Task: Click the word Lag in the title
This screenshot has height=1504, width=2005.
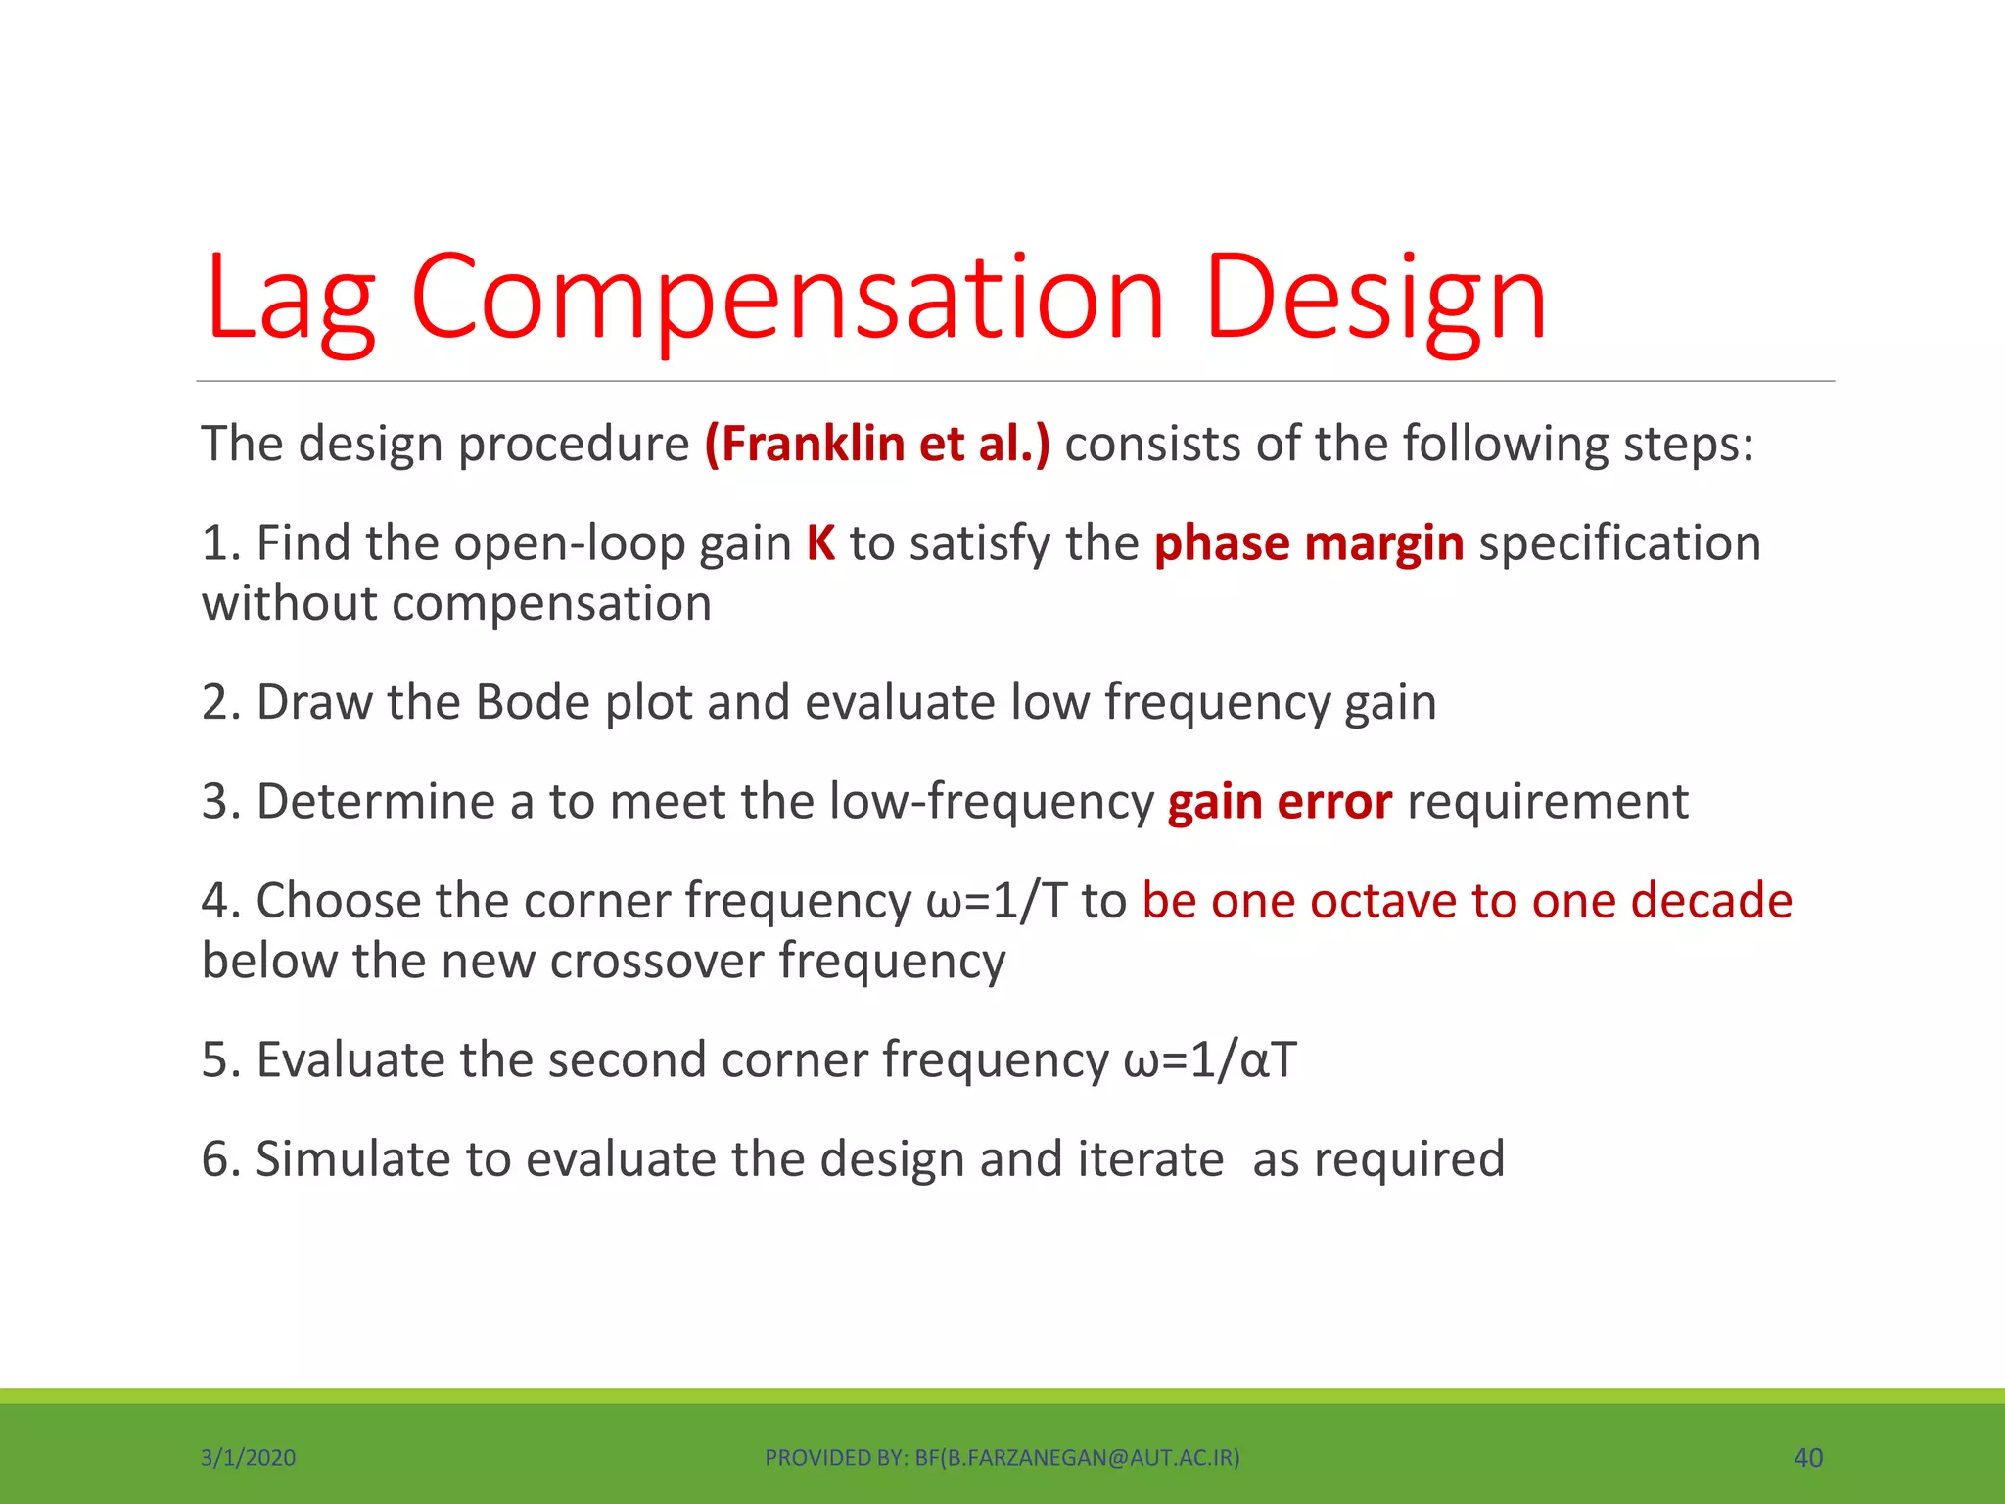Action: (290, 299)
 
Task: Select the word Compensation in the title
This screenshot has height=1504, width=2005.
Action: (787, 299)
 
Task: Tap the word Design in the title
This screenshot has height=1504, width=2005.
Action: (1375, 299)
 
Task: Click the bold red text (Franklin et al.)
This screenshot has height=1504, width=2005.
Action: (876, 444)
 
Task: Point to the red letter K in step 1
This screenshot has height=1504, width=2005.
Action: (820, 543)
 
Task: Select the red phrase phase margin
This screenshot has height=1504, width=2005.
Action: (1308, 543)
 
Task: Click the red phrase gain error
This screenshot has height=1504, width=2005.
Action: (1279, 802)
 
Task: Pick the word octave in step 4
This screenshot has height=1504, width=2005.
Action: (1383, 901)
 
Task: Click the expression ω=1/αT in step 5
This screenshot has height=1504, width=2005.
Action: (1210, 1060)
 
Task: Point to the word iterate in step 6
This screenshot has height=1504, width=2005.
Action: (1150, 1159)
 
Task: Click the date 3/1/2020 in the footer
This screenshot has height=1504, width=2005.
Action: (248, 1458)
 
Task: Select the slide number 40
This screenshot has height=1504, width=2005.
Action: (1807, 1458)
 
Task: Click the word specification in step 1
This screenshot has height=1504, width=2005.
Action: (1619, 543)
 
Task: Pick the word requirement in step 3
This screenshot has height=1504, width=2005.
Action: (1547, 802)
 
